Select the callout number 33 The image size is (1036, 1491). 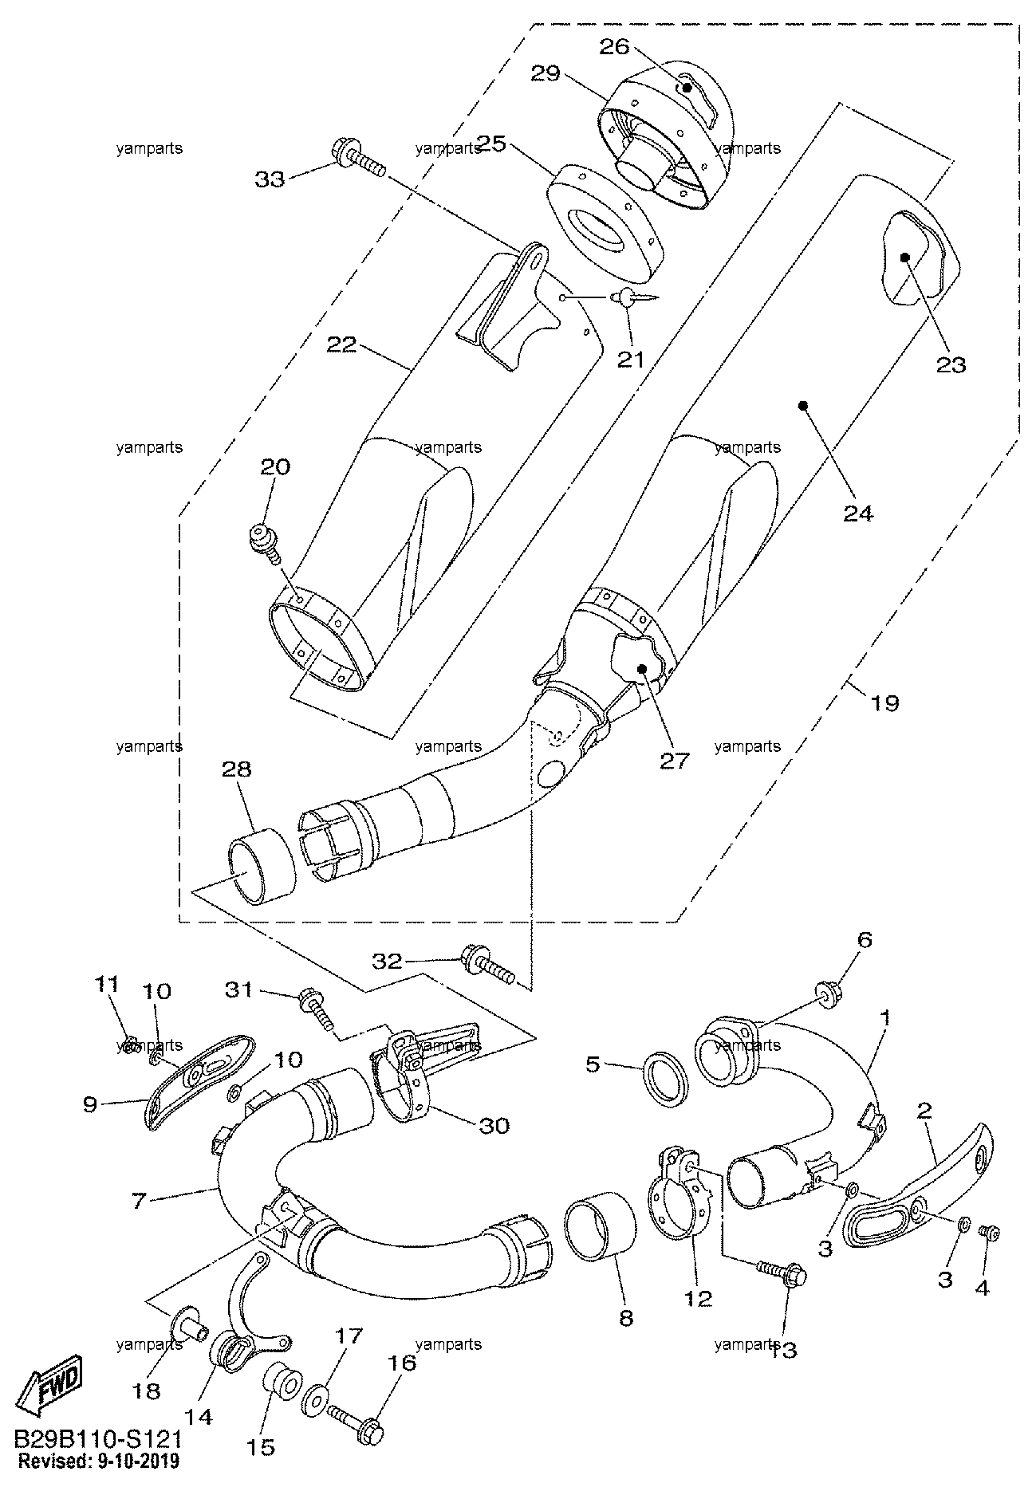click(270, 180)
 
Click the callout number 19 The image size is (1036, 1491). click(884, 702)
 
